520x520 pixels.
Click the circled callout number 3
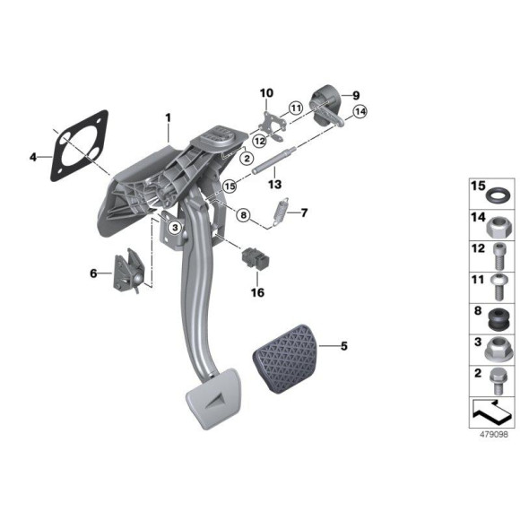[x=177, y=229]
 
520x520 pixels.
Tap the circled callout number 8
[x=242, y=214]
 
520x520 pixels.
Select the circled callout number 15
[x=230, y=186]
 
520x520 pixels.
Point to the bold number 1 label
[x=166, y=117]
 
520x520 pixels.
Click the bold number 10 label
[x=266, y=92]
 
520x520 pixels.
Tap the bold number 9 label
[x=354, y=94]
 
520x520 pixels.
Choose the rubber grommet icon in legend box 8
[x=495, y=317]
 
